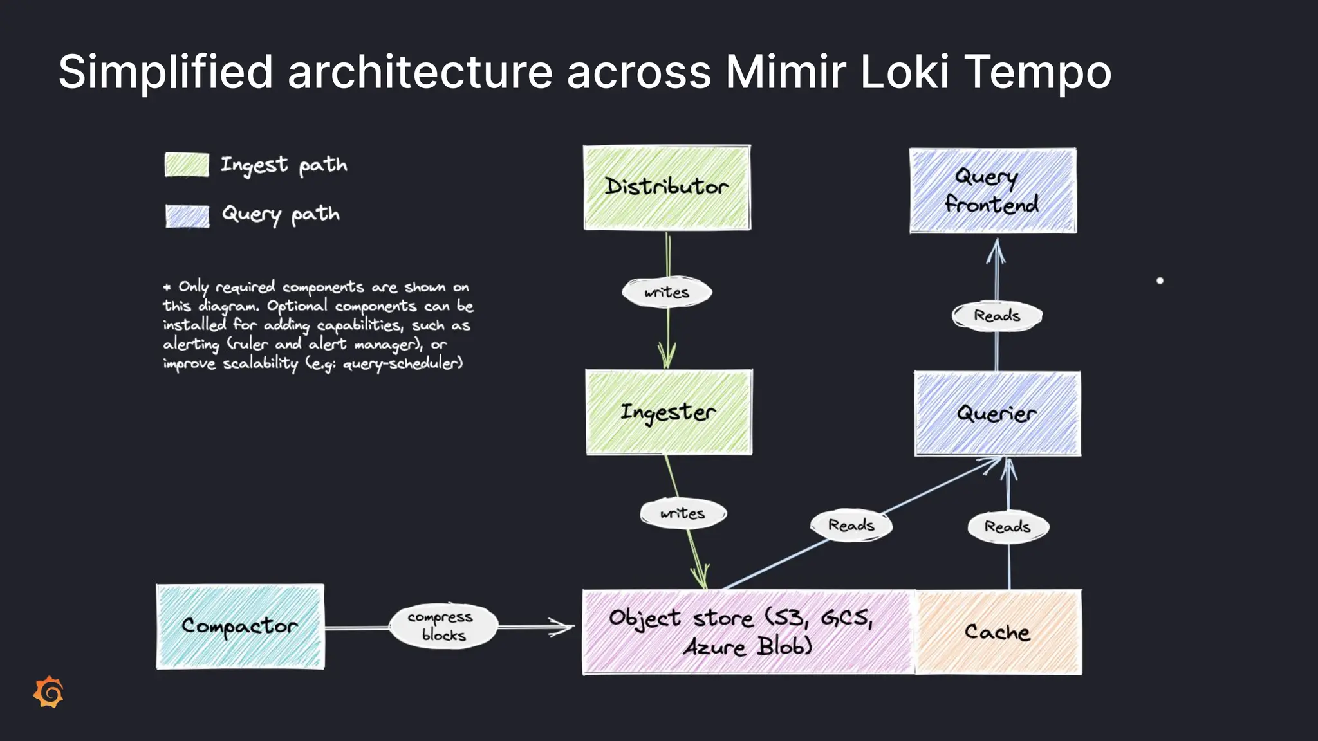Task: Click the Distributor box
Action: pos(667,187)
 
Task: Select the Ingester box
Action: pos(669,412)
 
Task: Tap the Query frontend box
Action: pos(992,190)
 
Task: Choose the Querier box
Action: pos(997,414)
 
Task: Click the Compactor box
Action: pos(240,627)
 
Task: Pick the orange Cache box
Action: pos(998,632)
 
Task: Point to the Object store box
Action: pos(747,632)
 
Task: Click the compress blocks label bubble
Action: pos(443,627)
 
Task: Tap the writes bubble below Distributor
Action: pos(667,293)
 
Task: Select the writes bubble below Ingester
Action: pos(683,513)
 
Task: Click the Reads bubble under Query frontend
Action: pos(996,316)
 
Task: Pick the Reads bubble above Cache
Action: pos(1008,527)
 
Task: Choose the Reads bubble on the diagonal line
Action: pos(851,526)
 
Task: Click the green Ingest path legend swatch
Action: pos(187,165)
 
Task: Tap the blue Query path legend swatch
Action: pos(187,216)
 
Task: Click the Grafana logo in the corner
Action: pos(49,692)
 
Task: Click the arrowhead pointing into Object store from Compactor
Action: pos(563,627)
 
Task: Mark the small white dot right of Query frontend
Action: pos(1160,280)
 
